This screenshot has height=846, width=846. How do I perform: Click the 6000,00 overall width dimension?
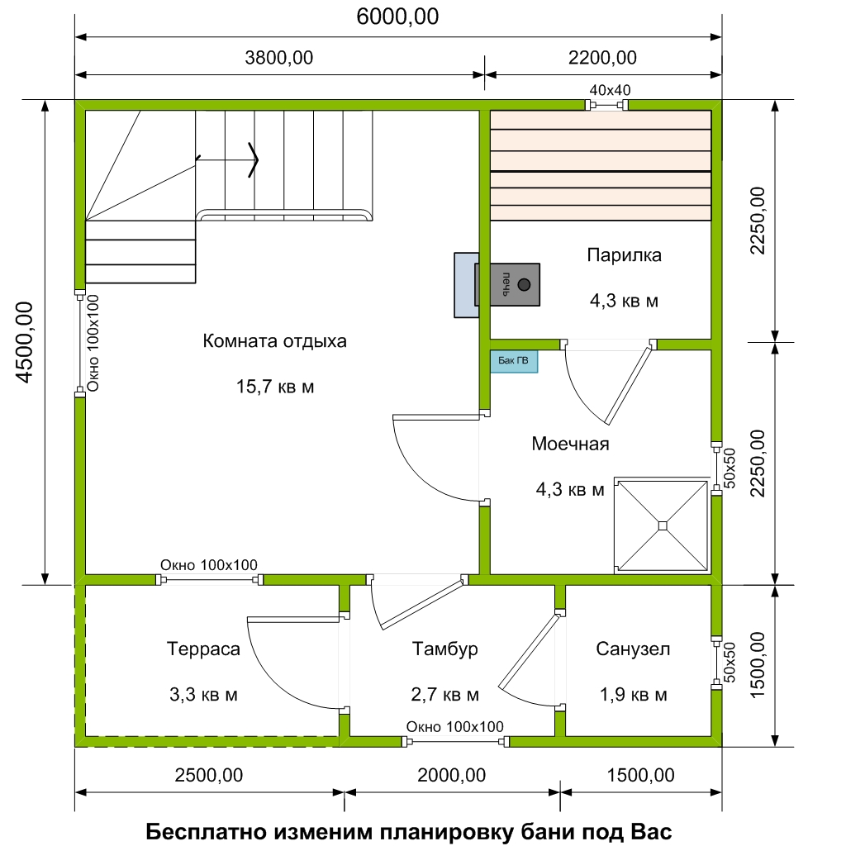[x=397, y=17]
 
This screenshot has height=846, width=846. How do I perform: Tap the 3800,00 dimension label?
[x=279, y=58]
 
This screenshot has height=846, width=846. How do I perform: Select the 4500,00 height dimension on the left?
[x=25, y=342]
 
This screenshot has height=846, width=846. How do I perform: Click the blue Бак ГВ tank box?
[x=514, y=361]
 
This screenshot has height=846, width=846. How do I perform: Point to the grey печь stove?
[x=507, y=285]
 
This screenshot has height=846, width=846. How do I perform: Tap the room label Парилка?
[x=625, y=254]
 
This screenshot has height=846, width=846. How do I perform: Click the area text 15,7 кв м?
[x=275, y=387]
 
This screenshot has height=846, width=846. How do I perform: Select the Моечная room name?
[x=570, y=444]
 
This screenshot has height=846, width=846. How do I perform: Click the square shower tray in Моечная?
[x=662, y=525]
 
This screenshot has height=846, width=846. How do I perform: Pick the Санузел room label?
[x=633, y=649]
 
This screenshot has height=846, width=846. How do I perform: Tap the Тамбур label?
[x=444, y=649]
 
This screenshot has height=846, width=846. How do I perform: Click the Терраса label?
[x=203, y=649]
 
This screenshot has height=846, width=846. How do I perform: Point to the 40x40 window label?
[x=610, y=89]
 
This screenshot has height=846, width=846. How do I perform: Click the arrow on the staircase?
[x=227, y=159]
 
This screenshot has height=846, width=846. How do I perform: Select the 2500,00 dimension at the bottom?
[x=209, y=775]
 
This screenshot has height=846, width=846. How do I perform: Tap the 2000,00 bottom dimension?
[x=452, y=775]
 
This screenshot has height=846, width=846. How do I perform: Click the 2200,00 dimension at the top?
[x=602, y=58]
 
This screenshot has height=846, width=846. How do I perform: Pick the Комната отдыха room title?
[x=274, y=341]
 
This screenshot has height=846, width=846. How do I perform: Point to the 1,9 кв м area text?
[x=634, y=694]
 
